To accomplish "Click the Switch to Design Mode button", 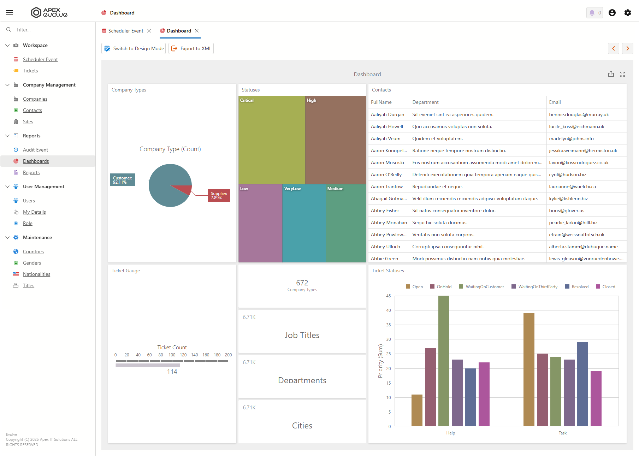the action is click(134, 48).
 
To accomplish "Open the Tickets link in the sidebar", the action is click(30, 71).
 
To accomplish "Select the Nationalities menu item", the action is click(36, 274).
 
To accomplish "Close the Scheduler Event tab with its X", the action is click(149, 31).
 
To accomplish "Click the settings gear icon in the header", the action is click(628, 13).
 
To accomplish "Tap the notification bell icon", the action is click(592, 13).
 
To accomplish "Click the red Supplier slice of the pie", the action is click(183, 190).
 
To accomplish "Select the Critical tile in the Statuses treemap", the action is click(272, 140).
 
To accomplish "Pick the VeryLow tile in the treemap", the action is click(304, 223).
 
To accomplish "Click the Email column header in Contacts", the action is click(555, 102).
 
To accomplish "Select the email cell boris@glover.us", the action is click(567, 211).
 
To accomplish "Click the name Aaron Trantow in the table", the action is click(387, 186).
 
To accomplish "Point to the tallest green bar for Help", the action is click(444, 361).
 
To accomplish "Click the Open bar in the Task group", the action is click(529, 369).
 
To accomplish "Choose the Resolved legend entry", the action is click(577, 287).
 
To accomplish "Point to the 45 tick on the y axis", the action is click(389, 296).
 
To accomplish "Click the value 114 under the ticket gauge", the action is click(172, 372).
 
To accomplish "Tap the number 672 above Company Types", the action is click(302, 283).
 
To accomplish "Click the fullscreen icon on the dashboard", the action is click(622, 74).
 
